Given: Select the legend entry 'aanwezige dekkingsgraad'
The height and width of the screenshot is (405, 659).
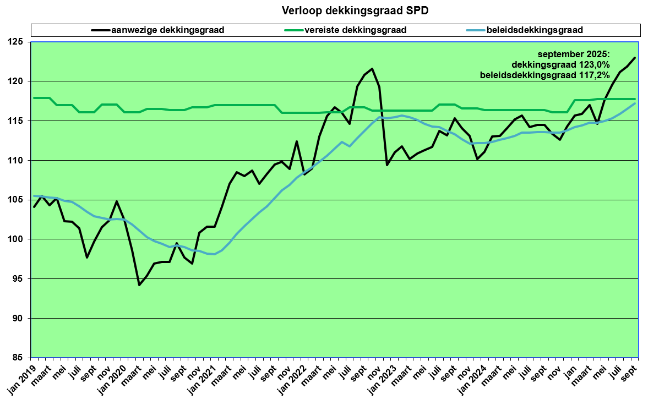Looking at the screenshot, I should (167, 30).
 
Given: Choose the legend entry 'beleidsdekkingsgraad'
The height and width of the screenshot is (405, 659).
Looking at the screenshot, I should (534, 30).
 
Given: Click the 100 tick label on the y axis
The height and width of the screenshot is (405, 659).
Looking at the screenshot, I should (20, 239).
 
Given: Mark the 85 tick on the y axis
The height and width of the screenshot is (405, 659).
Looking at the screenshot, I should (23, 358).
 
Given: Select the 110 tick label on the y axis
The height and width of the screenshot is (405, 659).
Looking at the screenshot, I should (20, 160).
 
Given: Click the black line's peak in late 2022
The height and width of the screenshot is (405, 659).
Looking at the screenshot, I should (372, 69).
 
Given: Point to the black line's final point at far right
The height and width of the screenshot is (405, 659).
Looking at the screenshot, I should (635, 58).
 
